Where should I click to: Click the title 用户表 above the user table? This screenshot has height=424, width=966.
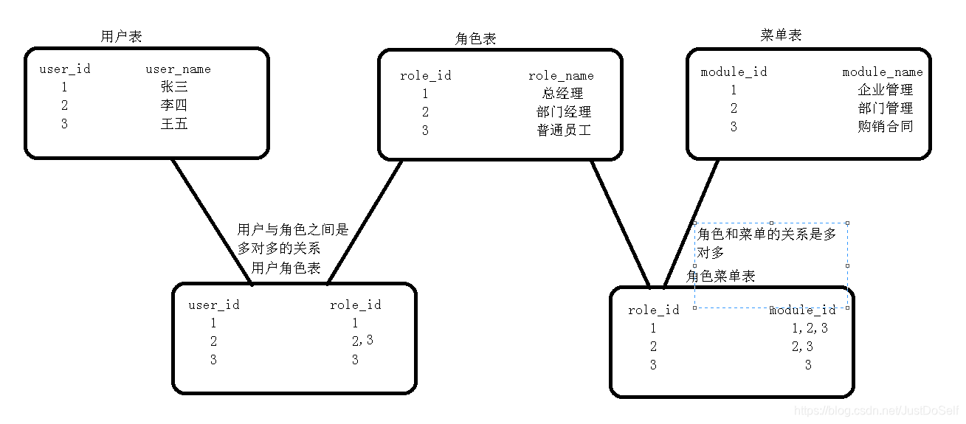(121, 36)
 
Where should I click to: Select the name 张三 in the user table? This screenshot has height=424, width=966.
(174, 87)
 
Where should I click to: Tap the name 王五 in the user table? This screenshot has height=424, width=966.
(174, 124)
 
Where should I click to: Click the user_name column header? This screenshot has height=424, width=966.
(178, 69)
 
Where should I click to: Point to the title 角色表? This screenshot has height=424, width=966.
(476, 39)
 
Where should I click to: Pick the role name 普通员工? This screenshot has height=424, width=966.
(564, 131)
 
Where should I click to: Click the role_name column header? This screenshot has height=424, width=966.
(561, 75)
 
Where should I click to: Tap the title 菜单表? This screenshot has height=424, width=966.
(781, 35)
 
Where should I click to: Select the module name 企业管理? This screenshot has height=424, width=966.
(886, 90)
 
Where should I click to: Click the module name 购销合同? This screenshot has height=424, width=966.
(886, 127)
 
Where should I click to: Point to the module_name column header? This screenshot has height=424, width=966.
(883, 72)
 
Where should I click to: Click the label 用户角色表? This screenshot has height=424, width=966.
(286, 268)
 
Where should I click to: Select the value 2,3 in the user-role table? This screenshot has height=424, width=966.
(362, 341)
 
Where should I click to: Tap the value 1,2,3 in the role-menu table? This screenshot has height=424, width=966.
(810, 328)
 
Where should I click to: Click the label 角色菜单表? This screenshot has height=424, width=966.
(721, 276)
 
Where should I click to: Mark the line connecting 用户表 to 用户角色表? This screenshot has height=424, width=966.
(213, 221)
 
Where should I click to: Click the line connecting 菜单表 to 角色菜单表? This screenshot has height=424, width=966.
(692, 221)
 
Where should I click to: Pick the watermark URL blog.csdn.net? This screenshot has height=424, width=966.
(874, 411)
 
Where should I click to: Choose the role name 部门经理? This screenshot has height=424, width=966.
(564, 112)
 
